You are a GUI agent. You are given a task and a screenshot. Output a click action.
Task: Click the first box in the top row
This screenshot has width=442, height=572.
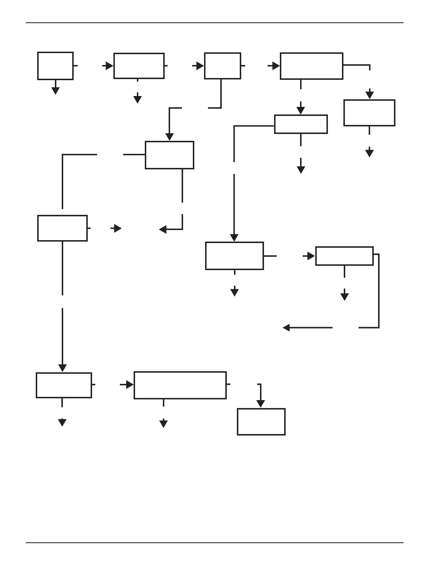pyautogui.click(x=55, y=66)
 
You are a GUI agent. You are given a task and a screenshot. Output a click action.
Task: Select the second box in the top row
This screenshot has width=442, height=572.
pyautogui.click(x=139, y=66)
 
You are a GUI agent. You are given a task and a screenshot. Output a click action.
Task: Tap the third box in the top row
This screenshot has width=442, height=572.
pyautogui.click(x=222, y=66)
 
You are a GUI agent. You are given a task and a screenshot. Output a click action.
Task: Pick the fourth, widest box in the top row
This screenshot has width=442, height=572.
pyautogui.click(x=311, y=66)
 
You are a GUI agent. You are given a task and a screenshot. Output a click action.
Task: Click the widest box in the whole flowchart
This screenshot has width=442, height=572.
pyautogui.click(x=180, y=385)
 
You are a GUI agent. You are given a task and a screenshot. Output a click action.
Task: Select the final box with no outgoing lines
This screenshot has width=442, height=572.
pyautogui.click(x=261, y=422)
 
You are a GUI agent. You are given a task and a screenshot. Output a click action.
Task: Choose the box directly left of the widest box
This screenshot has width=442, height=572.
pyautogui.click(x=64, y=385)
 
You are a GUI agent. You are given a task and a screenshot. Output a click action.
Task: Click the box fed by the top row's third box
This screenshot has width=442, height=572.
pyautogui.click(x=169, y=155)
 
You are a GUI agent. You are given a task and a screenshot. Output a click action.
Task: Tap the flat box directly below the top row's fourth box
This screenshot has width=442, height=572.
pyautogui.click(x=301, y=124)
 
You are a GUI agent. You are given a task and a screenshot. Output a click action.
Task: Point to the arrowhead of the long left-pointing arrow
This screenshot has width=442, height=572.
pyautogui.click(x=286, y=328)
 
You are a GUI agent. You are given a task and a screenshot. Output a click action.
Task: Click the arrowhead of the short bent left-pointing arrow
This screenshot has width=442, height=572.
pyautogui.click(x=163, y=229)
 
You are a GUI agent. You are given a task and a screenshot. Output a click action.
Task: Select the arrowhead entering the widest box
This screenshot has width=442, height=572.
pyautogui.click(x=130, y=385)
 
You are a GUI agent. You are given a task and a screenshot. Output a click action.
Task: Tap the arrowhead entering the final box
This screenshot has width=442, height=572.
pyautogui.click(x=260, y=404)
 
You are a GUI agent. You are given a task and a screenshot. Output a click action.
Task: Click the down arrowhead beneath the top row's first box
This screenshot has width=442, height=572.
pyautogui.click(x=55, y=91)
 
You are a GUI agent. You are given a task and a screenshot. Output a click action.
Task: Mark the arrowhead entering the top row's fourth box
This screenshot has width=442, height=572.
pyautogui.click(x=276, y=66)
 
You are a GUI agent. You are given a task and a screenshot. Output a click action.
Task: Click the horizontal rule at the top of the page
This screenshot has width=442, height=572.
pyautogui.click(x=214, y=23)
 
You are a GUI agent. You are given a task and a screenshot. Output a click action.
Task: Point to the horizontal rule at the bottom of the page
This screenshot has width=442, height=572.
pyautogui.click(x=214, y=543)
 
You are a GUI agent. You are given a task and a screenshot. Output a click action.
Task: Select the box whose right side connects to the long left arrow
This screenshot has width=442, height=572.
pyautogui.click(x=344, y=256)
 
